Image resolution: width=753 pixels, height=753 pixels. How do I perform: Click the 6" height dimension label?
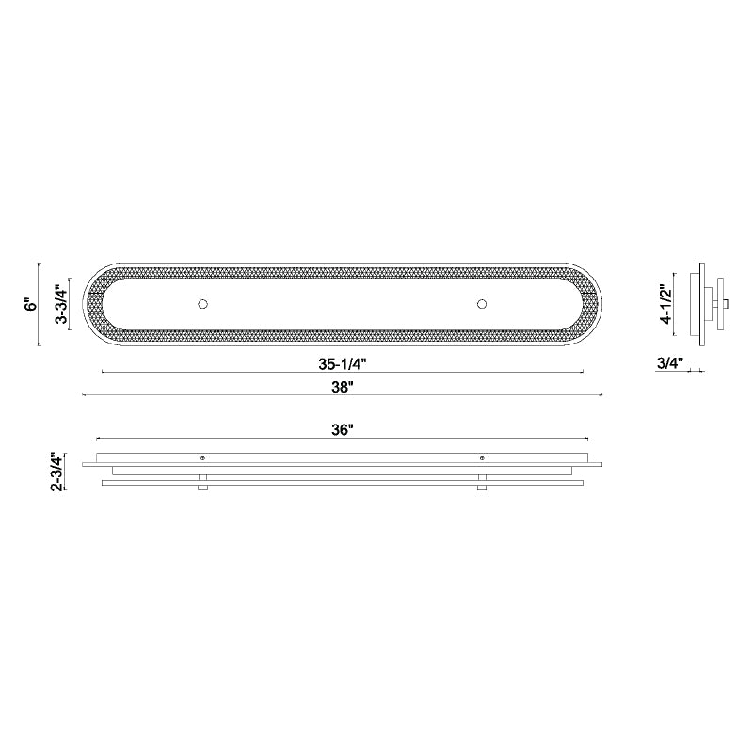pyautogui.click(x=31, y=304)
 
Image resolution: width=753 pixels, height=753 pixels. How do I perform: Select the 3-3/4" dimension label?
pyautogui.click(x=62, y=304)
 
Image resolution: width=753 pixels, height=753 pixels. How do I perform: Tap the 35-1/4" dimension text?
pyautogui.click(x=343, y=364)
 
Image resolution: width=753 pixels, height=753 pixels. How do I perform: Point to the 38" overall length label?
pyautogui.click(x=343, y=387)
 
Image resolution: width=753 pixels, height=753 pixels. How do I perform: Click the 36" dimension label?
pyautogui.click(x=343, y=430)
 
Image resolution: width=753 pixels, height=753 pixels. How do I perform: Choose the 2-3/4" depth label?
pyautogui.click(x=56, y=472)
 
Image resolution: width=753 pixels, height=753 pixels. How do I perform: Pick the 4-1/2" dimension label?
pyautogui.click(x=665, y=304)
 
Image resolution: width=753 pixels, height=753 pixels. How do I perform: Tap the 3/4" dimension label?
pyautogui.click(x=670, y=363)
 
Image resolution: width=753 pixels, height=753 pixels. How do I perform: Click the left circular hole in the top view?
pyautogui.click(x=202, y=304)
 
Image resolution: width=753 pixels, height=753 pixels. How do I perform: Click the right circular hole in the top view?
pyautogui.click(x=482, y=304)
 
